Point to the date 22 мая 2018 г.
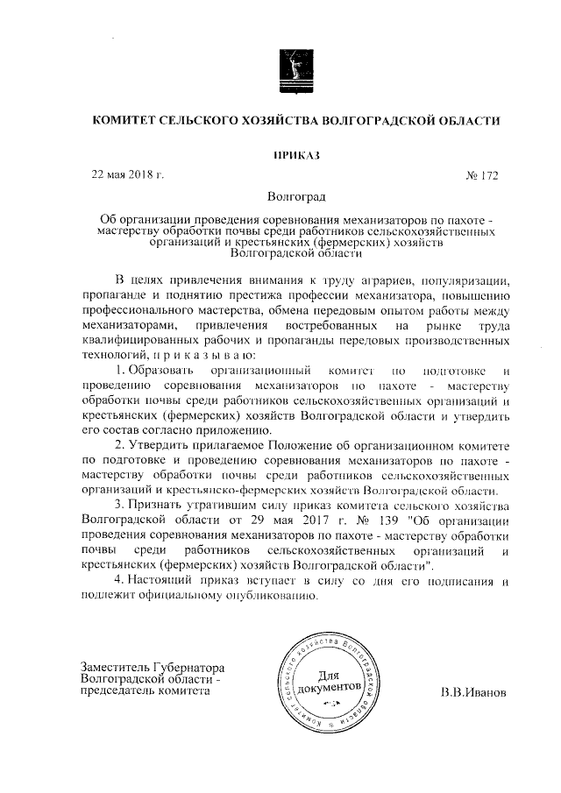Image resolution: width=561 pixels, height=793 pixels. point(129,174)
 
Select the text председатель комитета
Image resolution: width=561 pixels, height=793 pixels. point(145,690)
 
